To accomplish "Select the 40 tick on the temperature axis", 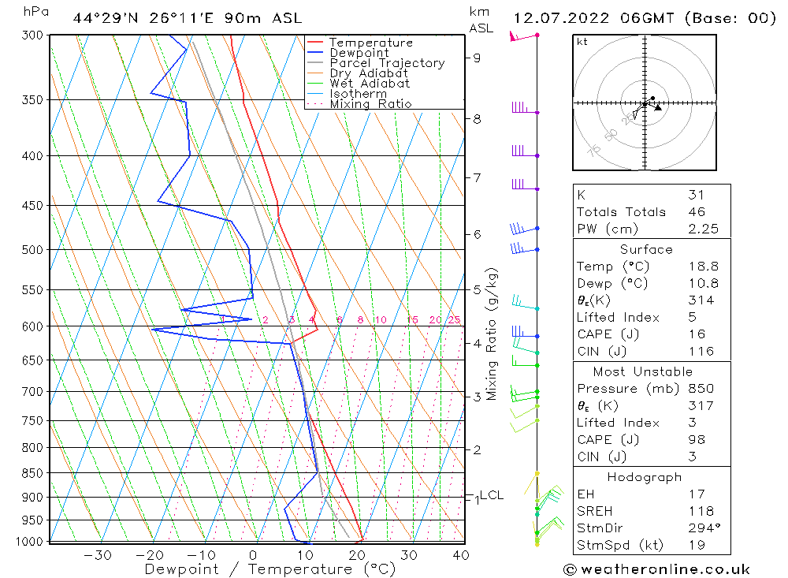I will coord(460,555).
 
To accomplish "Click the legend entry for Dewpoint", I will coord(359,53).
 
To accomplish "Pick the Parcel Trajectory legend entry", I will coord(386,63).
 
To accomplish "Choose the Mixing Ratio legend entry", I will coord(370,104).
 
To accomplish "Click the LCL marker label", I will coord(491,495).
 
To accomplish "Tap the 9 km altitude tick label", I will coord(477,58).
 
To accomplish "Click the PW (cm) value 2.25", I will coord(701,229).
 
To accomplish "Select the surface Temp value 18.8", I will coord(701,267).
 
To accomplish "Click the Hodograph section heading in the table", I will coord(645,477).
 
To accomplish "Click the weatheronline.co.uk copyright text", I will coord(656,569).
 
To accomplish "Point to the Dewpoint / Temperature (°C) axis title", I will coord(269,569).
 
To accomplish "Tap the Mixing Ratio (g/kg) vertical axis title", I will coord(492,334).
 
